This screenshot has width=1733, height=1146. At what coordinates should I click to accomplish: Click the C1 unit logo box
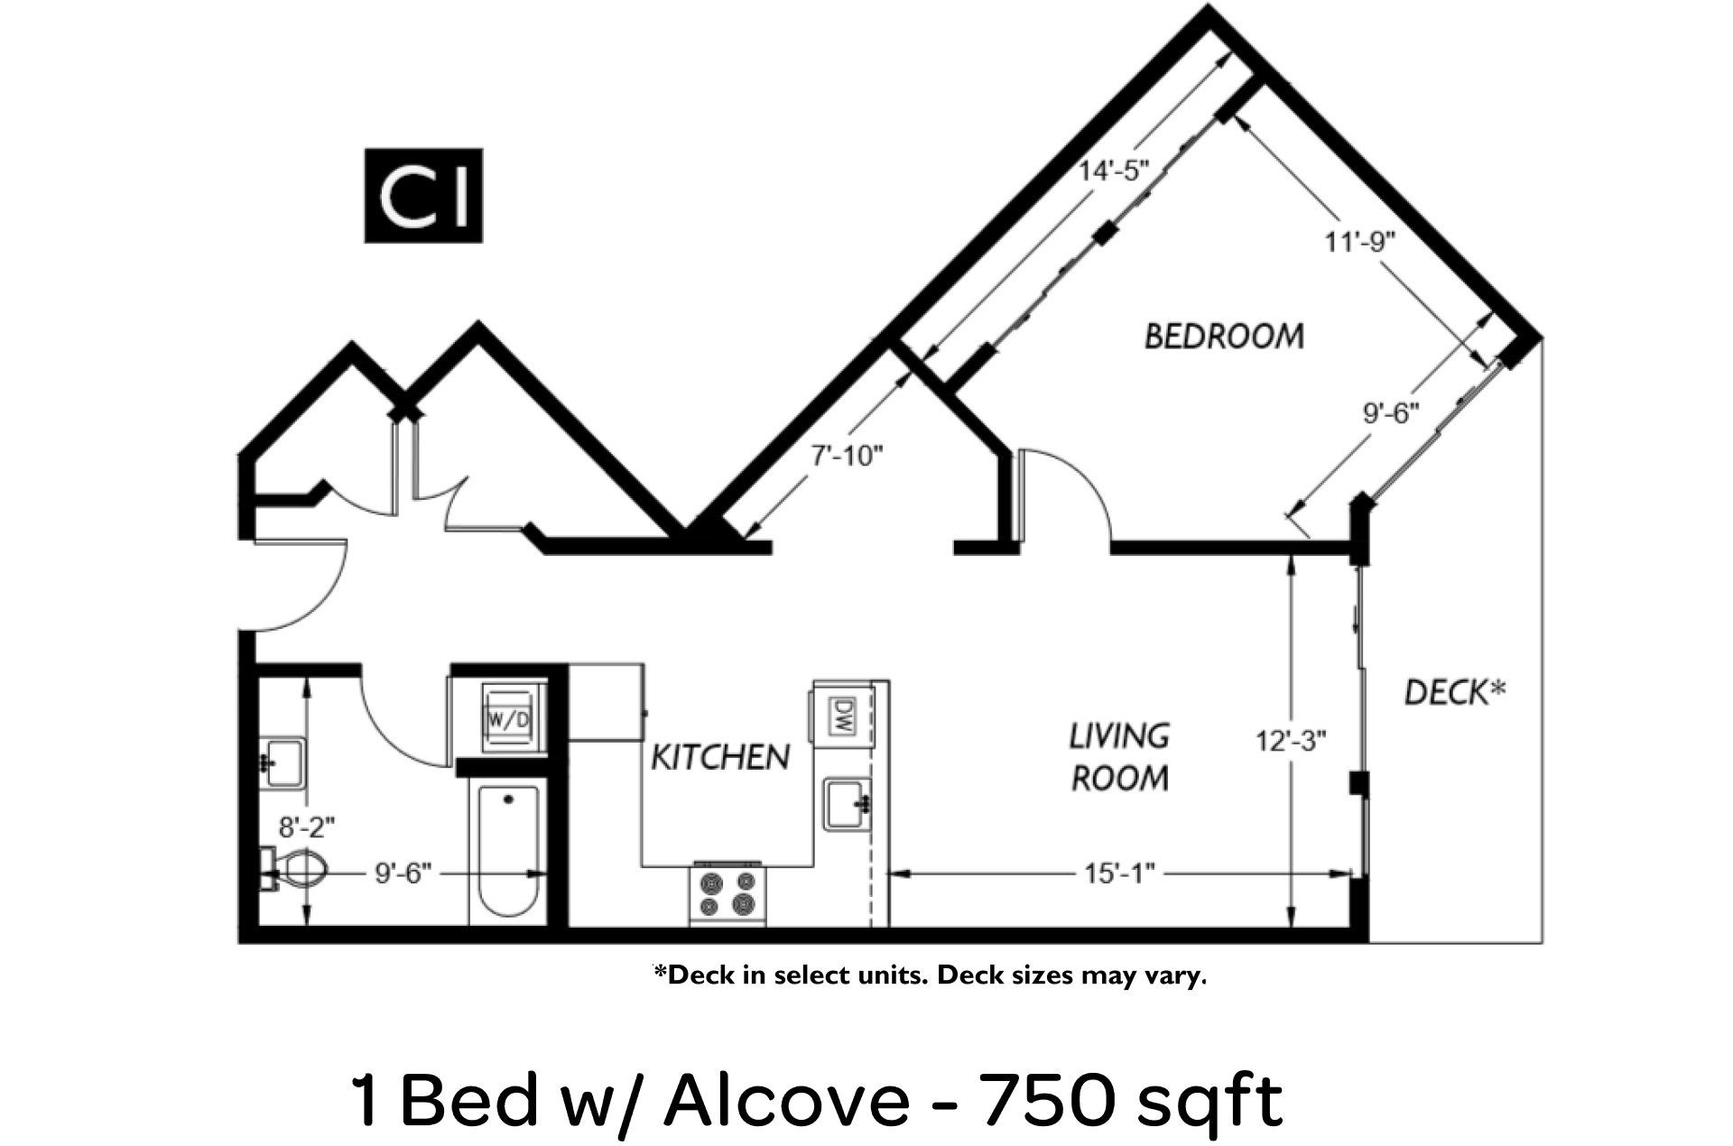(x=422, y=196)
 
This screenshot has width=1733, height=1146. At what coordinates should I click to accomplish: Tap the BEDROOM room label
(x=1224, y=337)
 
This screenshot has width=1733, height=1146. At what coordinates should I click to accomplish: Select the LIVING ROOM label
(x=1119, y=757)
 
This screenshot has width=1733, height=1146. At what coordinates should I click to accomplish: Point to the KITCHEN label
(x=720, y=757)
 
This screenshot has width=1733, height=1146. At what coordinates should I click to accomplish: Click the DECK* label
(x=1455, y=693)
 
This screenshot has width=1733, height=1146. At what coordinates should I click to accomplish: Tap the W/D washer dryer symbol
(x=508, y=719)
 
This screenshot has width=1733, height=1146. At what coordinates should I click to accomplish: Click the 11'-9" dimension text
(x=1361, y=242)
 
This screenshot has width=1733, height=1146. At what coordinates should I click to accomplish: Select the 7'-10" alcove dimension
(x=846, y=457)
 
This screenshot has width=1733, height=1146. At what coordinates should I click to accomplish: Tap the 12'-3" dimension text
(x=1292, y=742)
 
